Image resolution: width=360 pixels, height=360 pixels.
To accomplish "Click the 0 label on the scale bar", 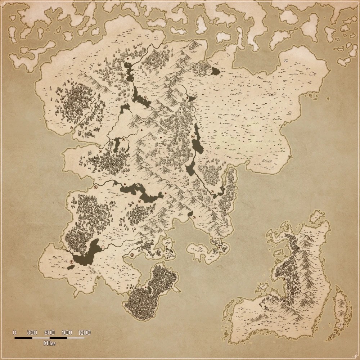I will [15, 332].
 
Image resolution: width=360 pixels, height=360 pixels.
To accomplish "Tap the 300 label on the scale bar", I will [32, 332].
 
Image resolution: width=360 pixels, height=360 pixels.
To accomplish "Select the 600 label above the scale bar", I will [49, 332].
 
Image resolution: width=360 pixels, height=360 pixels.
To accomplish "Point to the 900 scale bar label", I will [67, 332].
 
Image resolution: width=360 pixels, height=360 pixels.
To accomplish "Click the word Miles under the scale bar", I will [49, 343].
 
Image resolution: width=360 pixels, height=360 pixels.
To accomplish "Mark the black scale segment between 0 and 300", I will [23, 338].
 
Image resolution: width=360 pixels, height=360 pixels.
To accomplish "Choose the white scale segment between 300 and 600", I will [41, 338].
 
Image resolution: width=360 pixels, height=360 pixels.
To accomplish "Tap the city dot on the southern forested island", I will [145, 288].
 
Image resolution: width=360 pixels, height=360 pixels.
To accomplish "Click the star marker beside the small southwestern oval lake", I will [71, 262].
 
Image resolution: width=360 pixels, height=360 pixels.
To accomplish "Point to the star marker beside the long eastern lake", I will [193, 137].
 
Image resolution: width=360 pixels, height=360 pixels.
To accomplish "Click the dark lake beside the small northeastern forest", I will [215, 71].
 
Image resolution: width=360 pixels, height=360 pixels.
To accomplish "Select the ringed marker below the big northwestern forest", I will [71, 127].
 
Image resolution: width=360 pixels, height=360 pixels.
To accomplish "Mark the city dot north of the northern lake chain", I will [127, 58].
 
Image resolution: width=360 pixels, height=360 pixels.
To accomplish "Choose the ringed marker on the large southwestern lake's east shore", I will [103, 247].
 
